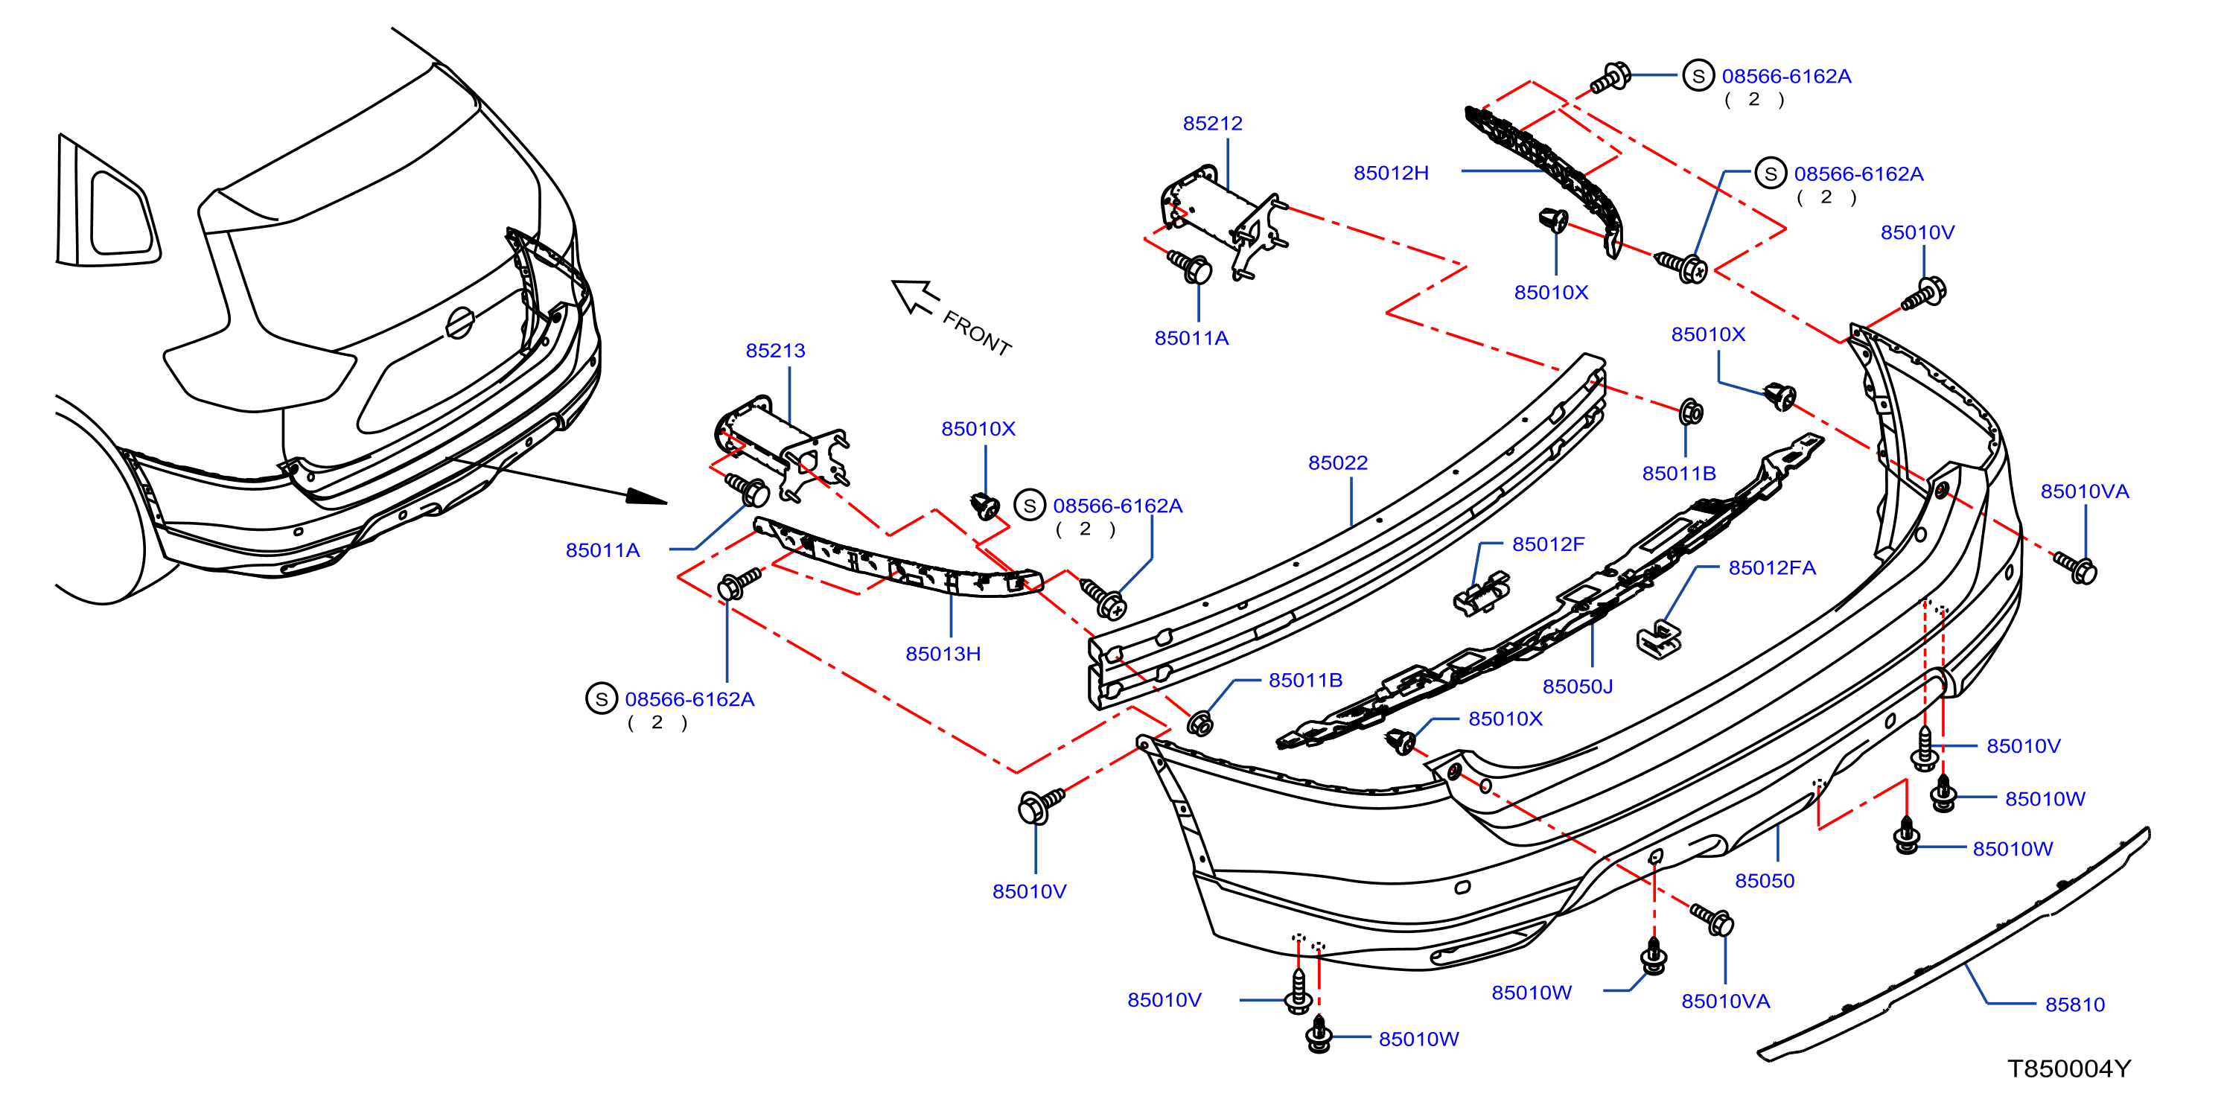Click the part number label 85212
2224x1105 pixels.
pos(1212,124)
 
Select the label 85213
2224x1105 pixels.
pos(775,351)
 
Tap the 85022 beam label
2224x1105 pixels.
pos(1337,462)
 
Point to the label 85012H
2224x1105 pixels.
pos(1391,173)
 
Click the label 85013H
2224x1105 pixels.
pos(943,654)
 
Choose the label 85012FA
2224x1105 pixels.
pos(1771,567)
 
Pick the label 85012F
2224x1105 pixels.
pos(1548,544)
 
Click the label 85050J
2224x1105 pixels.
pos(1577,687)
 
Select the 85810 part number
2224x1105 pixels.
pos(2074,1004)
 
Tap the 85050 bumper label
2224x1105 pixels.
pos(1765,881)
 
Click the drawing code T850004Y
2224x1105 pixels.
pos(2068,1069)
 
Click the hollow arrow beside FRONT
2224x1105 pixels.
pos(914,296)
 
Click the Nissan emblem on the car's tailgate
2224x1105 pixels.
pos(460,323)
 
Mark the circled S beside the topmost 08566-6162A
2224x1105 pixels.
pos(1698,76)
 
